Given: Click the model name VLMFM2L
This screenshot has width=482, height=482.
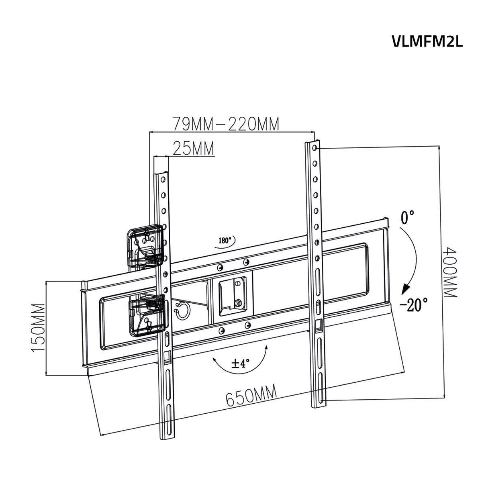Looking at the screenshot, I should tap(427, 41).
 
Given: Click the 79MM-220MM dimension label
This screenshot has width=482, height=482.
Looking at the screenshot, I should tap(225, 124).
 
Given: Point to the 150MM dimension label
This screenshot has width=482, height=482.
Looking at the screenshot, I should tap(39, 327).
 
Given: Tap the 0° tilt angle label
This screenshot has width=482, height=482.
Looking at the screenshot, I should tap(407, 219).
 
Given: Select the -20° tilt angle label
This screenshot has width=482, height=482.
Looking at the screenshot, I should tap(414, 304).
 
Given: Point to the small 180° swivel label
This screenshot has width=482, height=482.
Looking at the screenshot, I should tap(225, 241).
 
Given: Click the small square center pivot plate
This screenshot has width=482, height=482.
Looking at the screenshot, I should tap(231, 295).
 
